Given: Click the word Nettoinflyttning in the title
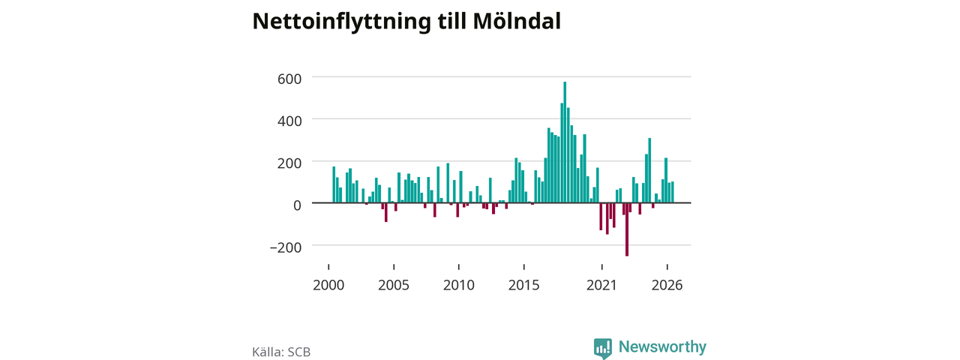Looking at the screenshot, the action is click(341, 22).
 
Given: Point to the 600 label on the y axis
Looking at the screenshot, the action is click(289, 79).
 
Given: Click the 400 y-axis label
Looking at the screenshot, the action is click(289, 121).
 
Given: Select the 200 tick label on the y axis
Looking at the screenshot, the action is click(289, 163).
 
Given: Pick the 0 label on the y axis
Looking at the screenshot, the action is click(297, 205).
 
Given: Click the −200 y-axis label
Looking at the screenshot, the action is click(286, 247).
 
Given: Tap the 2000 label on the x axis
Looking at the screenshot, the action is click(328, 286).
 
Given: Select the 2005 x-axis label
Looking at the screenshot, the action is click(394, 286).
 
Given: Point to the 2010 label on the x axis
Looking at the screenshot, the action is click(459, 286).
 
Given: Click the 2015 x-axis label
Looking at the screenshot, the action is click(524, 286).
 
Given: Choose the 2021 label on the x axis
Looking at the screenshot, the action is click(601, 286).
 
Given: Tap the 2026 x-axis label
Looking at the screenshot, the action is click(667, 286).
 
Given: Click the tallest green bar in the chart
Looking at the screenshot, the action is click(565, 142).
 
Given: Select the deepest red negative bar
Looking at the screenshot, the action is click(627, 229).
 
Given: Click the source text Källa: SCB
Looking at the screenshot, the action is click(281, 352).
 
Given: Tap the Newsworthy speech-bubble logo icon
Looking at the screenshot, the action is click(602, 348).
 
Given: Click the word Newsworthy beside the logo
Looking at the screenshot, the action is click(662, 346).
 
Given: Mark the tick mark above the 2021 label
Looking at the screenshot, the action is click(602, 267).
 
